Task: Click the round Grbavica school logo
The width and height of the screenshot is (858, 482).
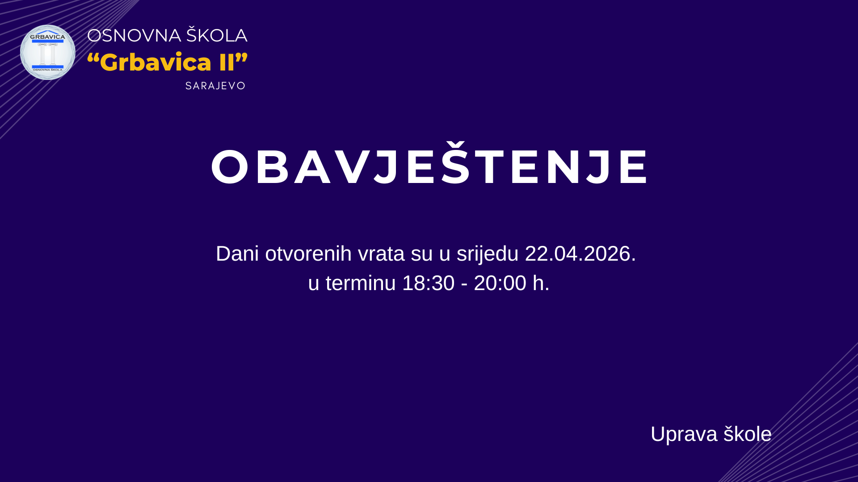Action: (48, 52)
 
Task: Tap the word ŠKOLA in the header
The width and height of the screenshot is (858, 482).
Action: (217, 34)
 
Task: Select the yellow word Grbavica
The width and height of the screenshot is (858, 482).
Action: (156, 62)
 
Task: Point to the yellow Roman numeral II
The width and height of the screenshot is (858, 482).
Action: (227, 62)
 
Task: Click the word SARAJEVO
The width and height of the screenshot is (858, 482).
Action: (215, 86)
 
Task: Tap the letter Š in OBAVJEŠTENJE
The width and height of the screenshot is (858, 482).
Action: (456, 163)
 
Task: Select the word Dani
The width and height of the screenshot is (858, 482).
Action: (237, 253)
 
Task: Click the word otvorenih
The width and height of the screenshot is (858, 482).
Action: (308, 253)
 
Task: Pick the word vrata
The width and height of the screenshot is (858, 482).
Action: (381, 254)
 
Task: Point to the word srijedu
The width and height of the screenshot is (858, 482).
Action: (488, 254)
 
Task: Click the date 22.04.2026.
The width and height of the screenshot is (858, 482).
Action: (580, 253)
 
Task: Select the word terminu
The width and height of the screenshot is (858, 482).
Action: (361, 283)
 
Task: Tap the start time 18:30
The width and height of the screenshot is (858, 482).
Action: (429, 283)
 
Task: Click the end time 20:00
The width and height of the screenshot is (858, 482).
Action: (500, 283)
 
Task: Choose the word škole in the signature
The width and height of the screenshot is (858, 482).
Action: (748, 434)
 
